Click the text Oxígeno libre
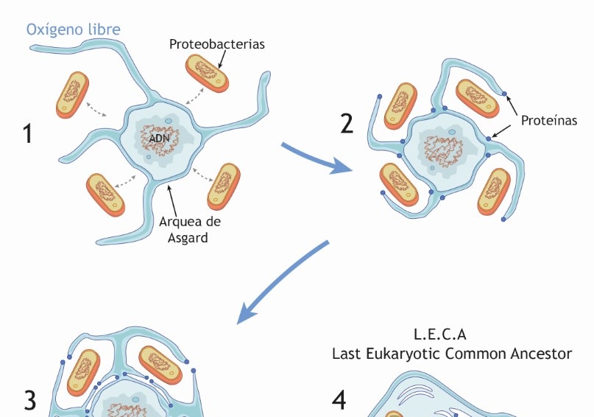pos(74,30)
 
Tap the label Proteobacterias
pos(216,44)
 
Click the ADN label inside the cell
pos(158,138)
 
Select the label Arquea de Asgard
pos(190,229)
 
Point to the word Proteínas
pos(549,120)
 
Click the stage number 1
pos(28,134)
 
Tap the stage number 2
pos(347,123)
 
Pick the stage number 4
pos(339,400)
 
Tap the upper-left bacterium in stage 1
pos(72,94)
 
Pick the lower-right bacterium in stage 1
pos(224,185)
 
